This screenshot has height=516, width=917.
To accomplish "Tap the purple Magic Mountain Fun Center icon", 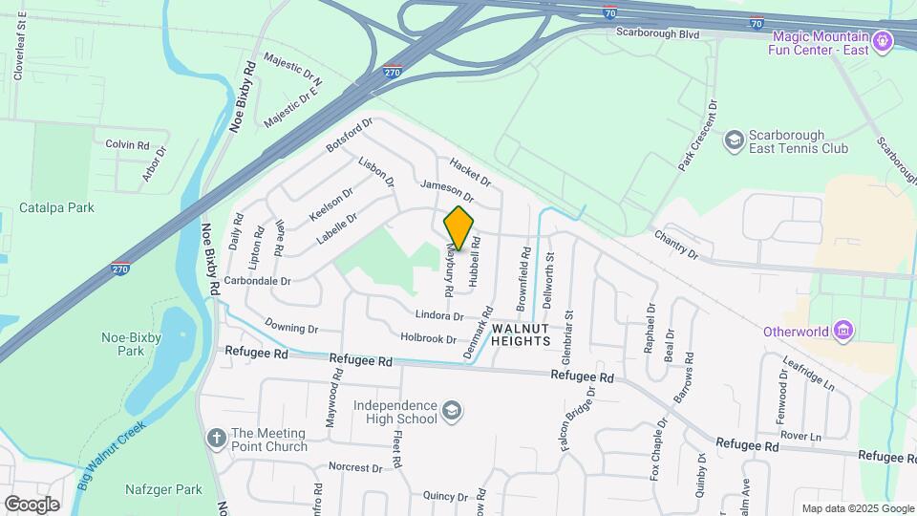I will tap(883, 41).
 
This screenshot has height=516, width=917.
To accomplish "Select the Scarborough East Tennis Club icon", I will tap(735, 140).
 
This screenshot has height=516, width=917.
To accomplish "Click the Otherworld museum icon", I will tap(842, 332).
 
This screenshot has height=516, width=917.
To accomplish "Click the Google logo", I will tap(32, 505).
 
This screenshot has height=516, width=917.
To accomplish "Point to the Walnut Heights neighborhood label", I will tap(522, 334).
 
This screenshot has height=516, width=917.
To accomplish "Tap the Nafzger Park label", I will tap(163, 490).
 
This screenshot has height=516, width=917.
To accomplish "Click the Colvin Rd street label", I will tap(128, 145).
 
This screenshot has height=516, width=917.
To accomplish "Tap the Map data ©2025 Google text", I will tap(858, 508).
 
